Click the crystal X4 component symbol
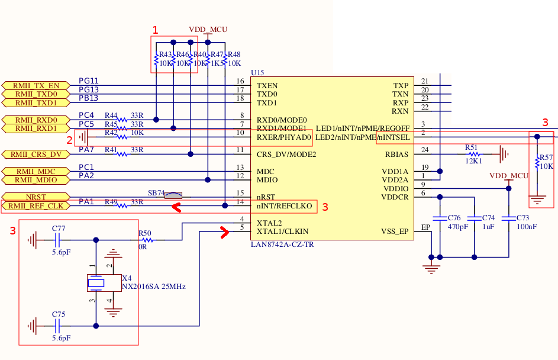(96, 283)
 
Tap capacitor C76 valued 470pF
(438, 218)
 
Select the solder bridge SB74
(173, 195)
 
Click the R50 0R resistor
(145, 240)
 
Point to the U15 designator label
(257, 73)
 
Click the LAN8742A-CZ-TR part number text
(282, 243)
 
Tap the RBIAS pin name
(396, 155)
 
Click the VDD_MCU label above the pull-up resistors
(208, 29)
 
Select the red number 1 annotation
(156, 30)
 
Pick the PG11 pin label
(89, 81)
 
